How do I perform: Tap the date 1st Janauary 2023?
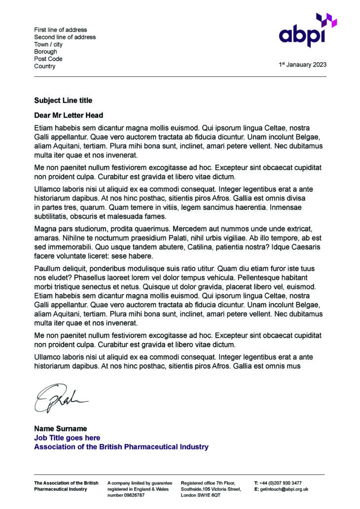[302, 65]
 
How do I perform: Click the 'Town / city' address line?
[48, 44]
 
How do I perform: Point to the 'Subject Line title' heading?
[63, 101]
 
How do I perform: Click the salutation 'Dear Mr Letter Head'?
[69, 115]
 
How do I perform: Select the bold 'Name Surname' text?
[60, 429]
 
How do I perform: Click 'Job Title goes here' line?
[67, 438]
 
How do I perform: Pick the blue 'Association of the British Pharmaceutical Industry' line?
[121, 447]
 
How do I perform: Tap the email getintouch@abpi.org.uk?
[284, 489]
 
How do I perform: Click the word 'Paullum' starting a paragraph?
[48, 269]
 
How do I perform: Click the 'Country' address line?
[45, 67]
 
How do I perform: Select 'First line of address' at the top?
[60, 30]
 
